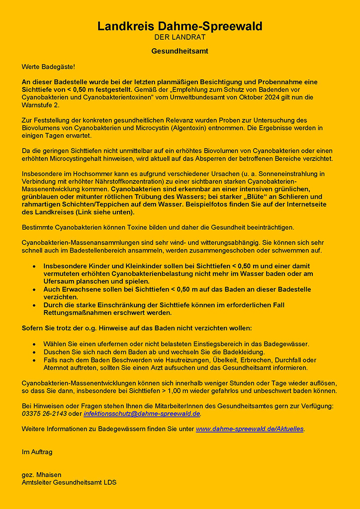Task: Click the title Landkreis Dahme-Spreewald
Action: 180,26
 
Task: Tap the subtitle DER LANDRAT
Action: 180,37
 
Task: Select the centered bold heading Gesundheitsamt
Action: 180,51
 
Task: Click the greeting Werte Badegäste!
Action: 48,66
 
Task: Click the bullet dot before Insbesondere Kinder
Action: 34,266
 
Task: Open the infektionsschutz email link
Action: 142,414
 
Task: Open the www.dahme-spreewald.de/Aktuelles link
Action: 250,428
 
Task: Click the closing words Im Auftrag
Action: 37,452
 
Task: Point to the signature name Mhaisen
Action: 49,475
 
